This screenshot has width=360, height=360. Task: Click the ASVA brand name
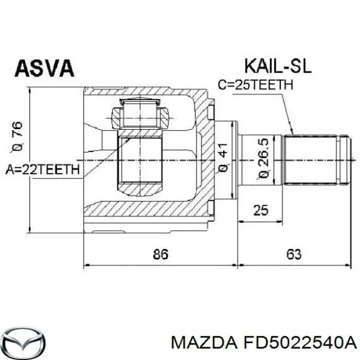[x=45, y=68]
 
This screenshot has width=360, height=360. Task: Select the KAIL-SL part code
[x=278, y=66]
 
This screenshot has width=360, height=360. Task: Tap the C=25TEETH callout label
[x=256, y=84]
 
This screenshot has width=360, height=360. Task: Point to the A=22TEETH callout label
[x=43, y=170]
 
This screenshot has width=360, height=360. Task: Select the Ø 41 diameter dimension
[x=223, y=158]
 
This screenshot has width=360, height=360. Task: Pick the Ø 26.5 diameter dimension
[x=264, y=158]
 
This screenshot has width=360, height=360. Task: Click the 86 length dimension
[x=160, y=254]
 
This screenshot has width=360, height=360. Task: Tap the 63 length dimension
[x=294, y=254]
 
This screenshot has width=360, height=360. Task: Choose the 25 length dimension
[x=261, y=210]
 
